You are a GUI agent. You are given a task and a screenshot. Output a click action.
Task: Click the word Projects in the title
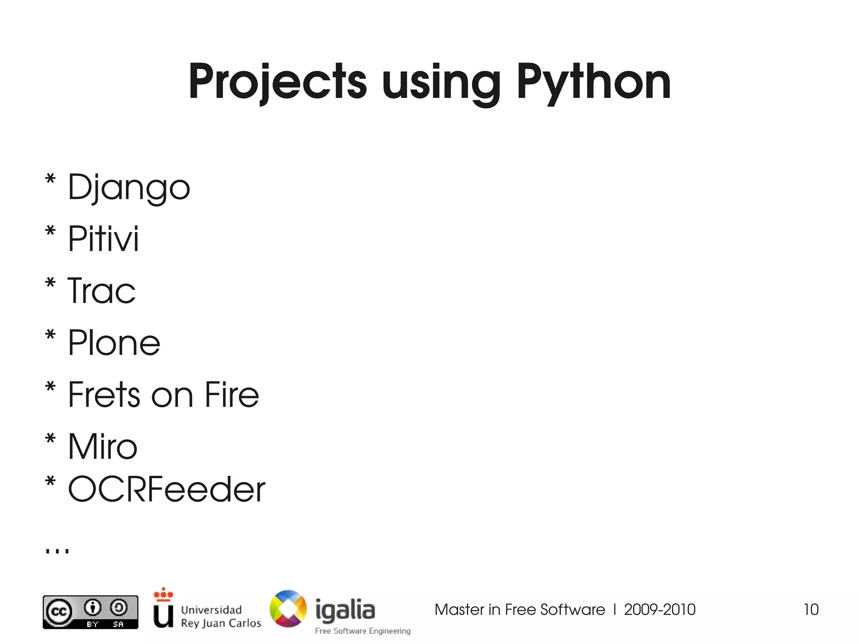[278, 82]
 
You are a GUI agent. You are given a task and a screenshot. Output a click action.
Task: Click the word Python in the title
[593, 82]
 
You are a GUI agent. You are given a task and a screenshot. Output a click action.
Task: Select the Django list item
[129, 188]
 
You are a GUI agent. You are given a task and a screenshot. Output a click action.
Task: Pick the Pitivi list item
[103, 239]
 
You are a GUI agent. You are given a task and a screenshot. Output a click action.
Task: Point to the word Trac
[102, 290]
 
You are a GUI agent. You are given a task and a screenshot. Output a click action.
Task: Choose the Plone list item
[114, 343]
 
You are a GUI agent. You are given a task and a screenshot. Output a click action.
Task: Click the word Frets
[104, 394]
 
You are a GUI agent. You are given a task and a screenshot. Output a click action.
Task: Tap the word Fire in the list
[232, 394]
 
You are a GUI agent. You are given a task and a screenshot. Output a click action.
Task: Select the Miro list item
[102, 446]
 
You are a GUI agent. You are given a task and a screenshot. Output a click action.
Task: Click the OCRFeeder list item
[166, 489]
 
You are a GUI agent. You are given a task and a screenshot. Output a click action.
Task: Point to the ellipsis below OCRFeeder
[57, 550]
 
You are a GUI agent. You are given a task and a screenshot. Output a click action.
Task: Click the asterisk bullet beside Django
[50, 179]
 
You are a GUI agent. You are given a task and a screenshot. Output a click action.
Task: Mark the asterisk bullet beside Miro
[50, 439]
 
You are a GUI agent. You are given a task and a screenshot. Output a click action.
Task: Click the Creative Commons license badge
[90, 612]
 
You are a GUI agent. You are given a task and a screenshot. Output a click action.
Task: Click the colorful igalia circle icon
[288, 608]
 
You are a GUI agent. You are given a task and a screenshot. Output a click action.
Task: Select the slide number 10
[811, 609]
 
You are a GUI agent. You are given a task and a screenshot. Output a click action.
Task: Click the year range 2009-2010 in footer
[659, 609]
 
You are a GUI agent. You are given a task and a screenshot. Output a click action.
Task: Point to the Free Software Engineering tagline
[363, 631]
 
